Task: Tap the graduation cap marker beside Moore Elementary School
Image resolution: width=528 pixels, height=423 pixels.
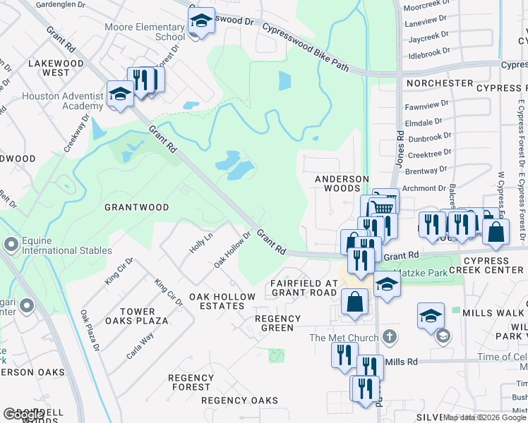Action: [x=201, y=21]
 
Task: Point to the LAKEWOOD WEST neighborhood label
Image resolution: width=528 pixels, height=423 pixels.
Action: [x=56, y=68]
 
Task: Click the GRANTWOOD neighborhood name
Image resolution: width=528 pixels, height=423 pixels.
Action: [x=136, y=207]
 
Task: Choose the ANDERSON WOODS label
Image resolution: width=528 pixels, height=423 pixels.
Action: [x=342, y=183]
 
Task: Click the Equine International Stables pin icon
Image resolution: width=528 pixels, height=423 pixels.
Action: [x=11, y=245]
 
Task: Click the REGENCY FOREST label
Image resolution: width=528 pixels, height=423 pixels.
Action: [x=191, y=382]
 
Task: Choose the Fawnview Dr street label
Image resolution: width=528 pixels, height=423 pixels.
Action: [x=426, y=107]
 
